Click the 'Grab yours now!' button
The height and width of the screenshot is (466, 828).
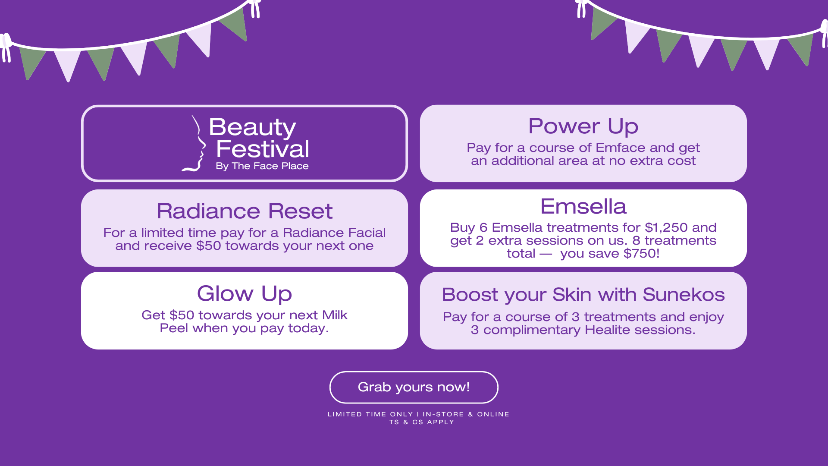[414, 387]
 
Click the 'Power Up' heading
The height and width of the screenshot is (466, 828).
[583, 126]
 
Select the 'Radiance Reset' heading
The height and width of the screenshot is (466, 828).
[245, 211]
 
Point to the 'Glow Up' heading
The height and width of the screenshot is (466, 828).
[245, 294]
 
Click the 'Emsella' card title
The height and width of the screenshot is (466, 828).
[583, 206]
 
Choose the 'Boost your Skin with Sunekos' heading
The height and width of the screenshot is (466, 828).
[583, 295]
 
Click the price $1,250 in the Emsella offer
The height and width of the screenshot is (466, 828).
[666, 228]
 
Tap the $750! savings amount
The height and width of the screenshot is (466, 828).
[641, 253]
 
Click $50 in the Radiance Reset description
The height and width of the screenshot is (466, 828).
[209, 246]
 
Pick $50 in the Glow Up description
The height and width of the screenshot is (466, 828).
[182, 315]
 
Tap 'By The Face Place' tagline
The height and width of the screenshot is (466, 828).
[262, 166]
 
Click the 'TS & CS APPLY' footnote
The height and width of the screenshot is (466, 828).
[422, 422]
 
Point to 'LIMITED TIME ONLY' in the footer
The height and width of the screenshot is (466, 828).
[370, 414]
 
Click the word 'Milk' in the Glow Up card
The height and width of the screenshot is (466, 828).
[335, 315]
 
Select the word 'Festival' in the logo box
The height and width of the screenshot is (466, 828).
[263, 149]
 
